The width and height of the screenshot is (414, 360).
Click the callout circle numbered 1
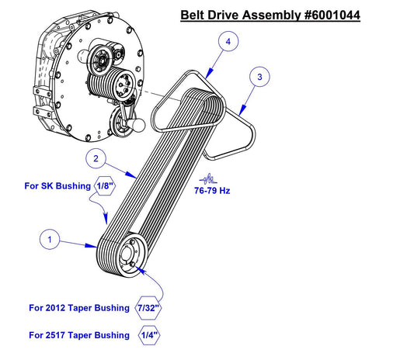click(x=50, y=241)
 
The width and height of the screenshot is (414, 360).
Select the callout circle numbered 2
click(x=94, y=160)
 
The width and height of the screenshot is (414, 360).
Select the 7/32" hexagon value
click(x=148, y=308)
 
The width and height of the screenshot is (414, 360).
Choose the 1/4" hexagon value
click(x=147, y=335)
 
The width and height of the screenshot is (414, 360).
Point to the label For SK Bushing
click(x=57, y=186)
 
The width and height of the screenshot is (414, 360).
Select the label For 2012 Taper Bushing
click(x=79, y=308)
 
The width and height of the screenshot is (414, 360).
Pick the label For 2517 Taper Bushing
click(x=79, y=335)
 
